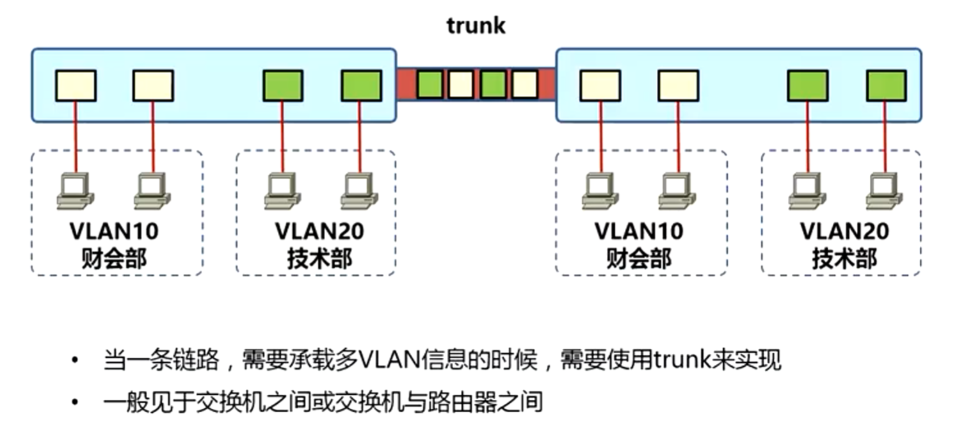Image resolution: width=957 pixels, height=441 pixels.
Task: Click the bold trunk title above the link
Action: click(x=476, y=26)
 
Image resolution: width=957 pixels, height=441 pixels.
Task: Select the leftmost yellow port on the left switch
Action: click(x=76, y=86)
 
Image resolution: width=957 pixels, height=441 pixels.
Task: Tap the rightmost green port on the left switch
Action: click(x=361, y=86)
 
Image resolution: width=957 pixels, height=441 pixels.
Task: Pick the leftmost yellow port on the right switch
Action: click(x=600, y=86)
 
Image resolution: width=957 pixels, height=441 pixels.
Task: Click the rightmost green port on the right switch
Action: click(x=886, y=86)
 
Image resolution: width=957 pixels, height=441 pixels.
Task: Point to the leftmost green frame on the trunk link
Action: click(x=430, y=84)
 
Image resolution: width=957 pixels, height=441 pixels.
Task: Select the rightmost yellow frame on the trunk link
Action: click(x=524, y=84)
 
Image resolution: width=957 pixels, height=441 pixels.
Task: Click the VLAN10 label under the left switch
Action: click(x=115, y=231)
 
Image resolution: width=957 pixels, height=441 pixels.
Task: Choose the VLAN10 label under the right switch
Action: click(x=639, y=231)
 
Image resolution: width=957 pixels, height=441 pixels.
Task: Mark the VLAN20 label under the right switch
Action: click(x=844, y=231)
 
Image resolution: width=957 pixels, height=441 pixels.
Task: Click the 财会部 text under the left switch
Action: click(x=115, y=259)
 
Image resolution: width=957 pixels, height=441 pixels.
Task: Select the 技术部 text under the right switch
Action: click(x=844, y=259)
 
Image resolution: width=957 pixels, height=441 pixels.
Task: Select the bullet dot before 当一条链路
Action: click(x=76, y=361)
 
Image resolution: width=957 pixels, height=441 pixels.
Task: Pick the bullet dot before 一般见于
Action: click(x=76, y=403)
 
